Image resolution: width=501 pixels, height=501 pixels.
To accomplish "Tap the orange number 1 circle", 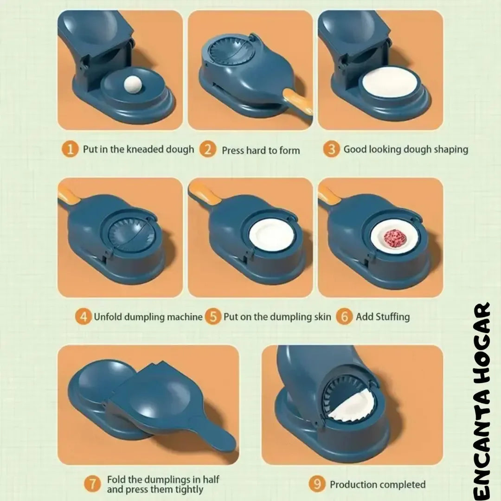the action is click(70, 149).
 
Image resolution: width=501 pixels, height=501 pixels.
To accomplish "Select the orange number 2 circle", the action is click(208, 149).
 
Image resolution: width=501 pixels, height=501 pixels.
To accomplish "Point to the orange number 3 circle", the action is click(331, 149).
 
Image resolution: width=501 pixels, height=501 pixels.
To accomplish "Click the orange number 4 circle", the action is click(83, 317).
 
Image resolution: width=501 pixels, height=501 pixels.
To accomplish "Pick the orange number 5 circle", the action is click(213, 317).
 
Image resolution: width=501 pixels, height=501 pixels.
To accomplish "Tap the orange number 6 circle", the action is click(344, 317).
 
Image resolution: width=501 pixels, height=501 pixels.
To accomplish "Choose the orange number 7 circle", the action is click(92, 484).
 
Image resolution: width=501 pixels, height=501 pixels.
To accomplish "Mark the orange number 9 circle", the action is click(317, 484).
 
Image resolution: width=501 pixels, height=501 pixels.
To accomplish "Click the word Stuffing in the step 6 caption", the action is click(393, 317).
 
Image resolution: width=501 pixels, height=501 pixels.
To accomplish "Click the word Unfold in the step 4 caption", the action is click(108, 317).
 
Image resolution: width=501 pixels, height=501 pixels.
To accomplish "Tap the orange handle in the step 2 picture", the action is click(298, 102).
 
